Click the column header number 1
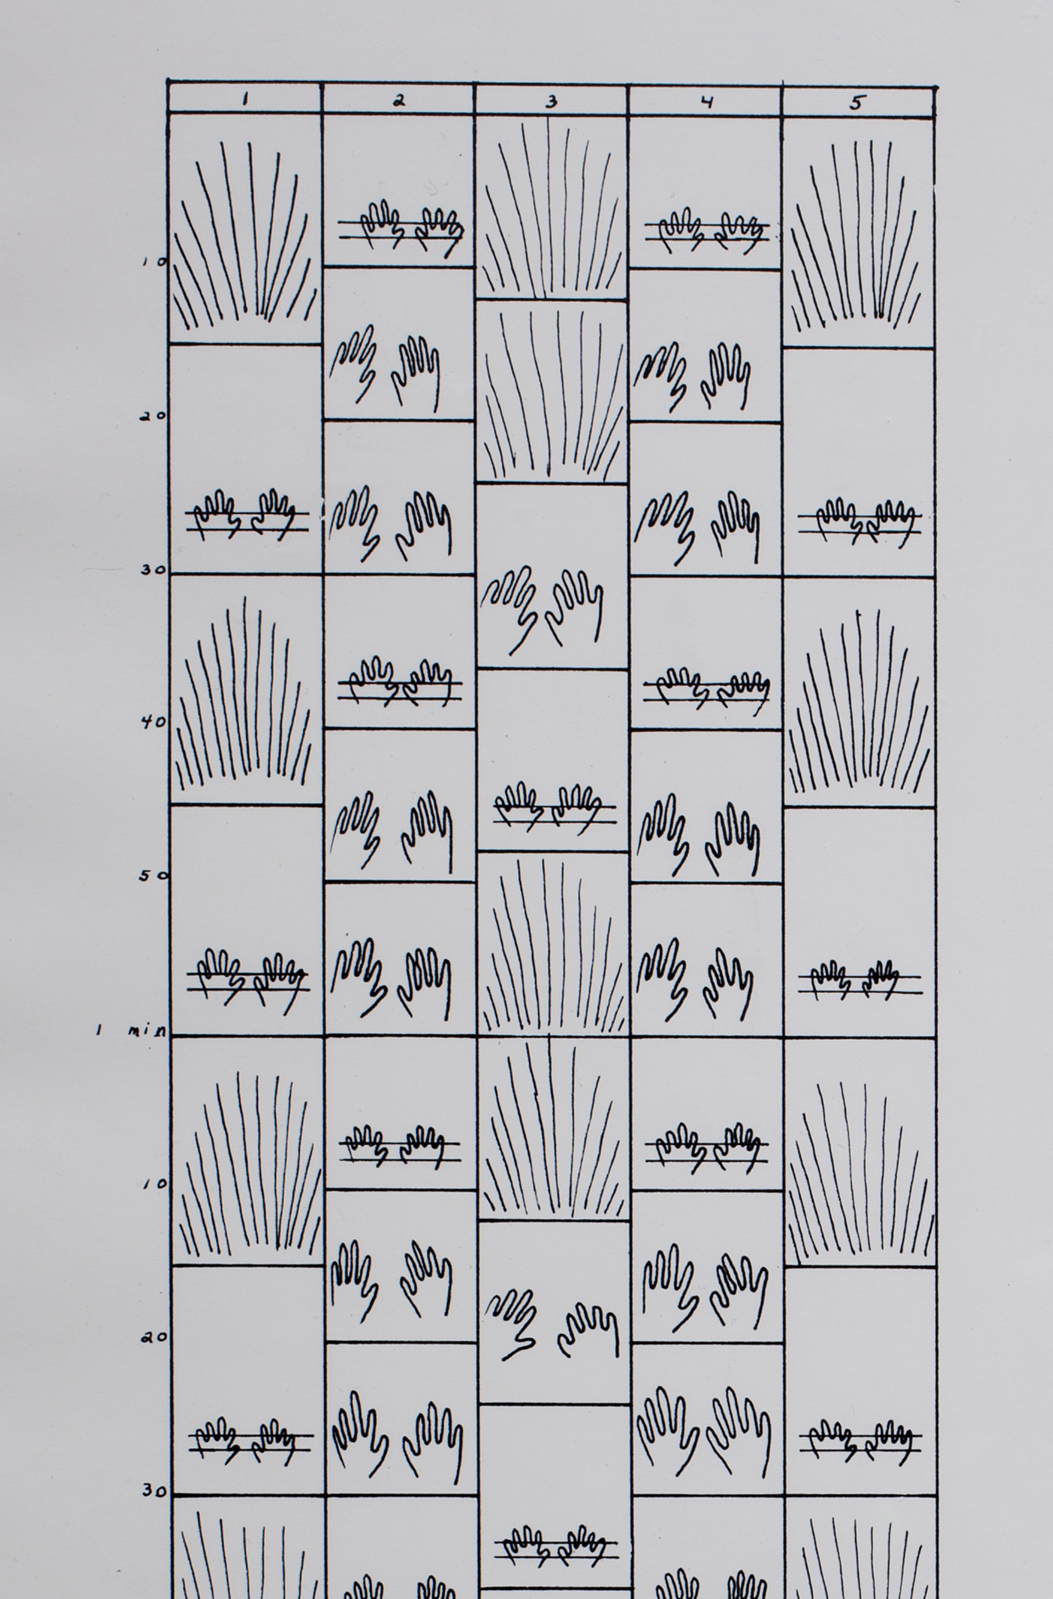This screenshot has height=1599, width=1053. coord(245,99)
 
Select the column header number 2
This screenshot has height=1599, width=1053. coord(399,101)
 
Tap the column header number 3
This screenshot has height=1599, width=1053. coord(551,101)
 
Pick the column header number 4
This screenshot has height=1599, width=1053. coord(706,102)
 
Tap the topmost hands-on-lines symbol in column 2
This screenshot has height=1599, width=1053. coord(400,229)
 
